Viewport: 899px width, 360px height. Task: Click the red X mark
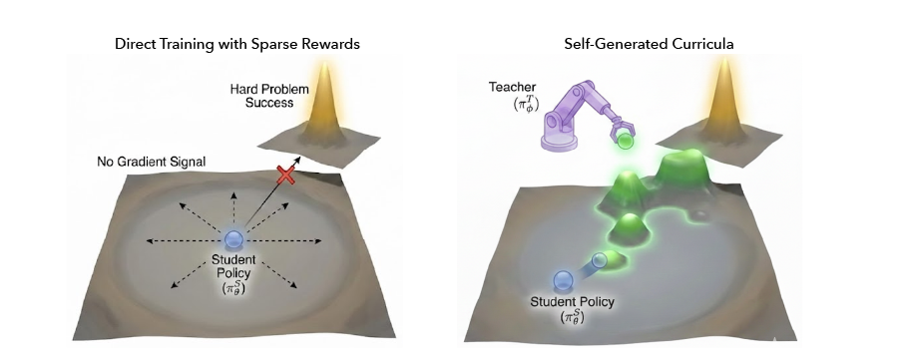click(287, 177)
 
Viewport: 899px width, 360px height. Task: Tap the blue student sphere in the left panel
click(234, 239)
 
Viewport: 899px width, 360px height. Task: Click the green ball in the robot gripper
click(625, 143)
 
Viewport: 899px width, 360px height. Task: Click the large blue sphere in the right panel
click(564, 282)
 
